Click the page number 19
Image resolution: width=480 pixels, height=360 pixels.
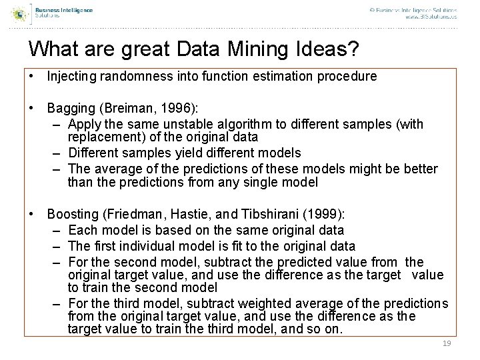point(447,343)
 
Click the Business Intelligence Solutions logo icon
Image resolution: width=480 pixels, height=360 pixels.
point(20,12)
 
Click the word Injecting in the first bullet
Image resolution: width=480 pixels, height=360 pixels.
point(70,77)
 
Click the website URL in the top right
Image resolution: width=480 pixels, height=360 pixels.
point(431,17)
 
